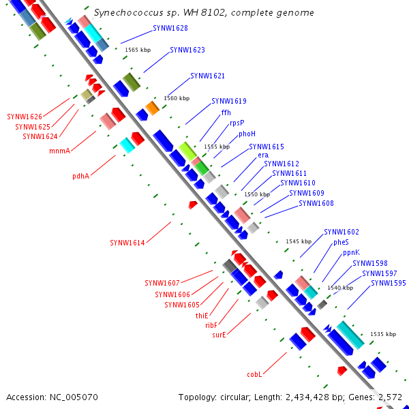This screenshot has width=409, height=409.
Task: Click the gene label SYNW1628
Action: click(170, 28)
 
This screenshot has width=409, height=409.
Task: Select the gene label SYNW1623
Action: click(187, 50)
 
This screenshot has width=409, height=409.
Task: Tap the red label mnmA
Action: click(60, 151)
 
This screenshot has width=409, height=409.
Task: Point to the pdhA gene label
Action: click(81, 176)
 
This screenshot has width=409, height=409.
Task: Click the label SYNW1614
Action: click(127, 243)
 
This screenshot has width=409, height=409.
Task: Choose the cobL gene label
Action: click(254, 374)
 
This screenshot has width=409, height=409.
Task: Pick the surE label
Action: click(219, 335)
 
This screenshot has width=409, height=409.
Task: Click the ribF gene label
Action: click(211, 325)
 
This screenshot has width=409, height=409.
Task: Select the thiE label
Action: click(202, 316)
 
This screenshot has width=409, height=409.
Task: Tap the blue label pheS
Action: click(341, 242)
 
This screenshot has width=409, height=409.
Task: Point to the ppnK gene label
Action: click(351, 252)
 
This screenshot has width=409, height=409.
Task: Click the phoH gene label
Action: click(247, 134)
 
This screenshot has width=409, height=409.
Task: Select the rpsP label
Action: click(237, 123)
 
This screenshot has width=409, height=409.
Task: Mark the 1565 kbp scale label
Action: click(138, 50)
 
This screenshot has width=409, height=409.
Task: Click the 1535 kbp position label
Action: click(383, 334)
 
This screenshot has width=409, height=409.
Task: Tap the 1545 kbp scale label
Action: click(299, 241)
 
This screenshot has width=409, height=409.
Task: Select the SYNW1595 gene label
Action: click(389, 283)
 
